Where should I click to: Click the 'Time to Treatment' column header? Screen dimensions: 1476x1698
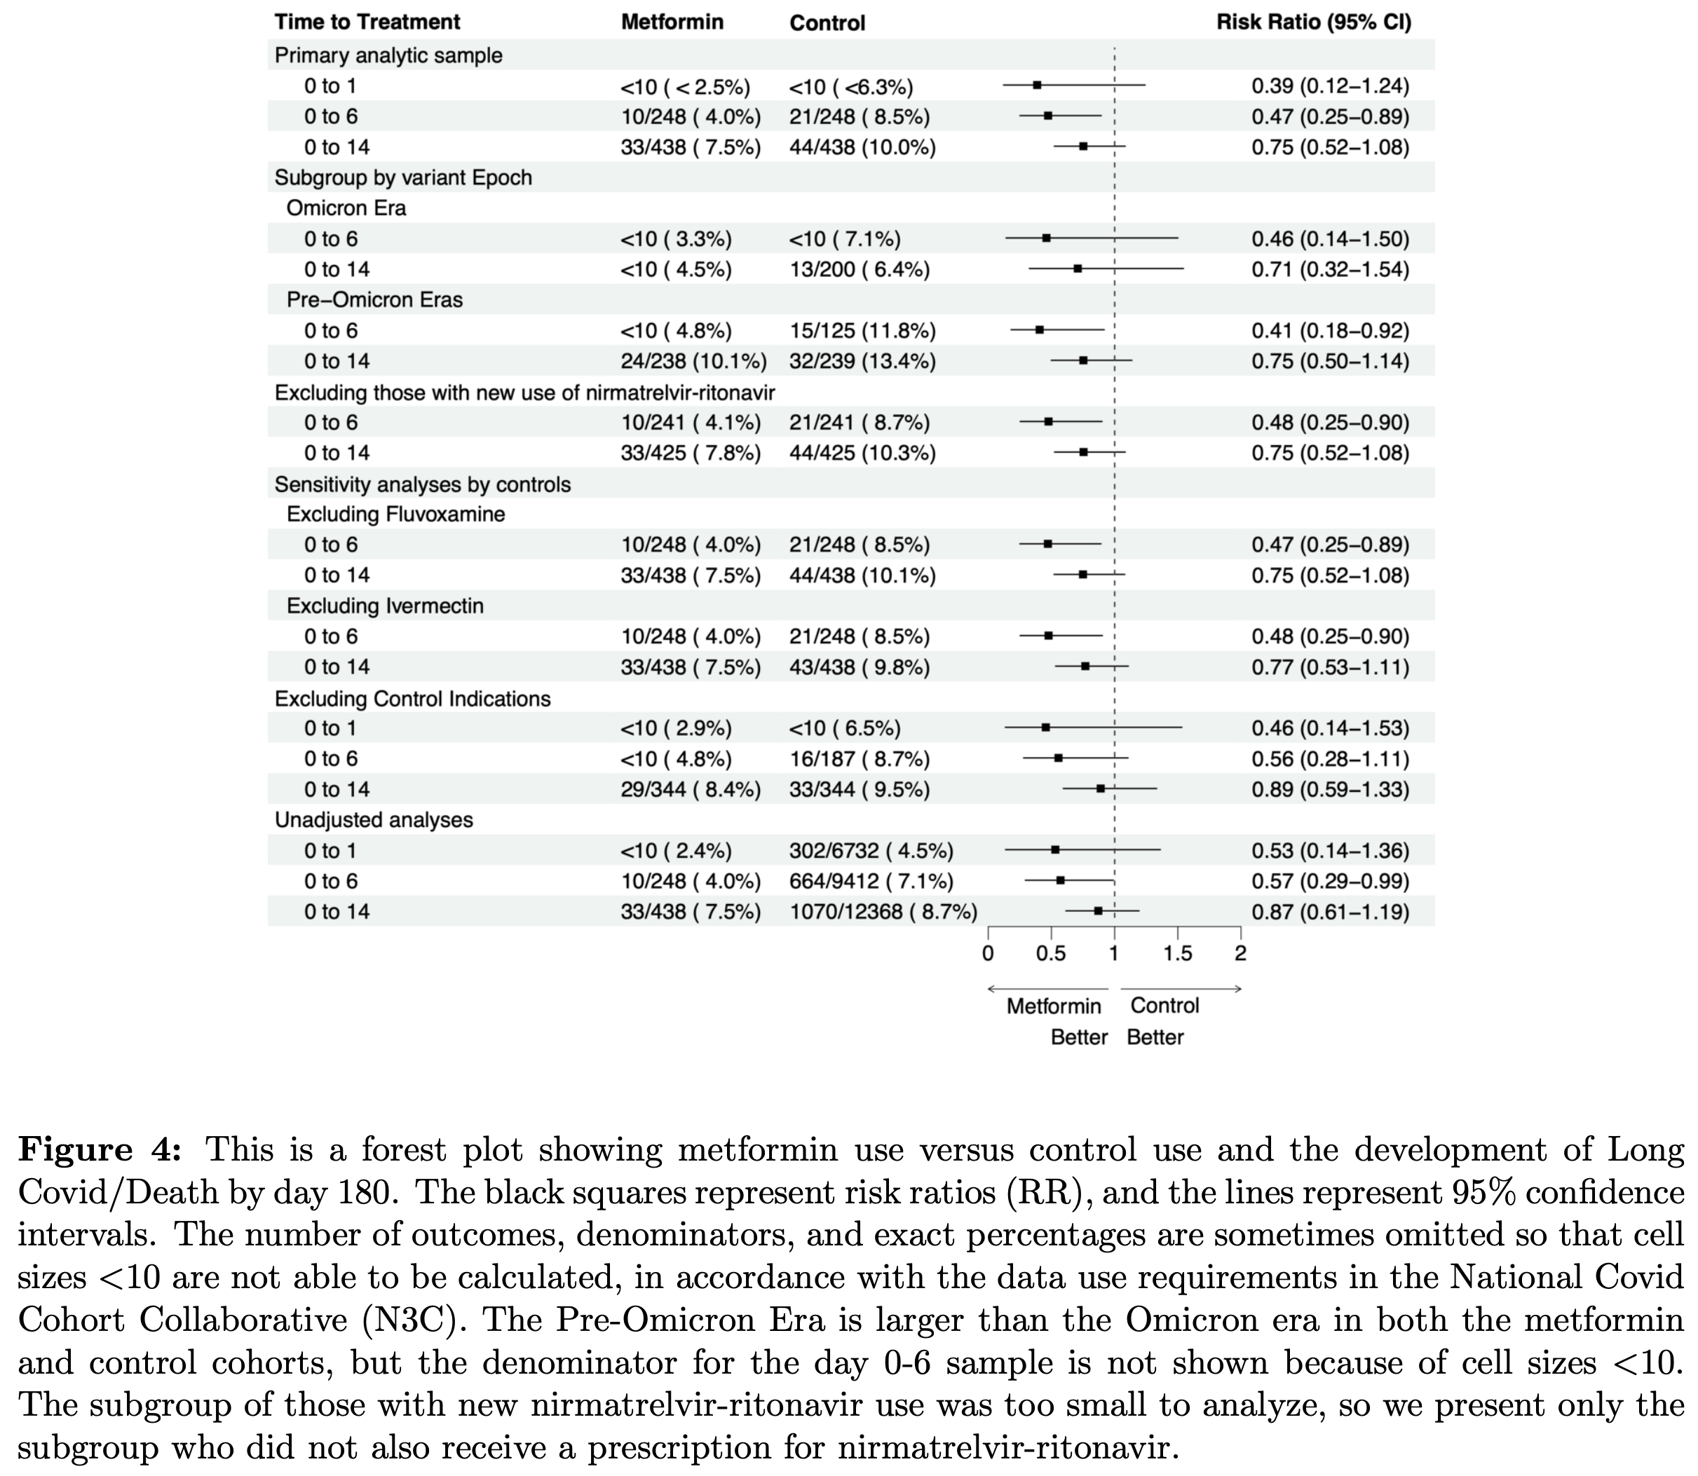pos(367,22)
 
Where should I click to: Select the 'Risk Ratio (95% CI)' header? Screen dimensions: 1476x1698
pos(1313,22)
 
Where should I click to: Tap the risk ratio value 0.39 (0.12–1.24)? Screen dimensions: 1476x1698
pos(1330,86)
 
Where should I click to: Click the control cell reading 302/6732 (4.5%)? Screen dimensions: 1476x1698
pos(871,851)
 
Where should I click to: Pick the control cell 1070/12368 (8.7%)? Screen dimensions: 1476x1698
pos(883,912)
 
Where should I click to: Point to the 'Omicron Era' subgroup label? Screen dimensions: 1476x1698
pos(346,207)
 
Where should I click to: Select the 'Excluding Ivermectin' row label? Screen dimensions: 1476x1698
pos(385,606)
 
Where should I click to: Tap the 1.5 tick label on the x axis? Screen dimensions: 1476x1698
pos(1177,954)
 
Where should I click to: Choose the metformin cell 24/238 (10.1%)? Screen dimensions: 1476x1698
pos(693,362)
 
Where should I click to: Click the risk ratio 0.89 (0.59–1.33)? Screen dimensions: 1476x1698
pos(1330,790)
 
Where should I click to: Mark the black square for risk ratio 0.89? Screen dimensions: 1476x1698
pos(1100,789)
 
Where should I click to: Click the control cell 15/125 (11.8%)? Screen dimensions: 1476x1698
pos(862,331)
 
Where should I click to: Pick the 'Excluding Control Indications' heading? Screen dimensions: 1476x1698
pos(412,699)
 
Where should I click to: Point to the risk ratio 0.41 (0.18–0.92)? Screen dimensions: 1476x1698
pos(1330,331)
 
